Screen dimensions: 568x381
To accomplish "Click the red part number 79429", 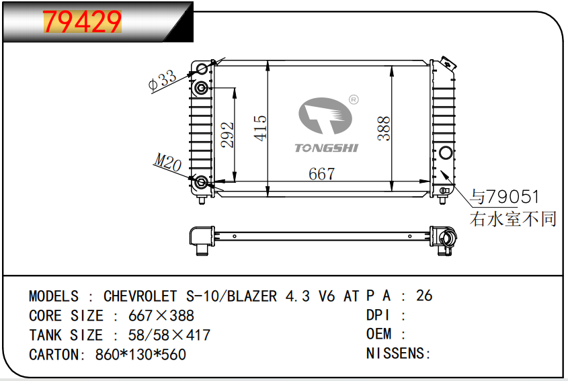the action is tap(82, 22).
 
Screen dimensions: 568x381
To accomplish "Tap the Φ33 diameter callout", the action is tap(163, 80).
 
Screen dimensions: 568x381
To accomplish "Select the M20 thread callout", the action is tap(168, 162).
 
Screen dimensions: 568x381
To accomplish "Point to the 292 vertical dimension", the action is tap(227, 134).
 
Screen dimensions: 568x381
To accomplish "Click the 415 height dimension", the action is tap(260, 128).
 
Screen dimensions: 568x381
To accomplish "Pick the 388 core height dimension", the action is tap(384, 128).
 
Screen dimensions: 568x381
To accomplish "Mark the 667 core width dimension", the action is tap(322, 174).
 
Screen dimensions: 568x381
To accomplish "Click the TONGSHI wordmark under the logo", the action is tap(327, 148).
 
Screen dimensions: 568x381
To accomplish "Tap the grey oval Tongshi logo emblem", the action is tap(325, 116).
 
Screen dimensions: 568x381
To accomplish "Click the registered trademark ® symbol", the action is tap(354, 99).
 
